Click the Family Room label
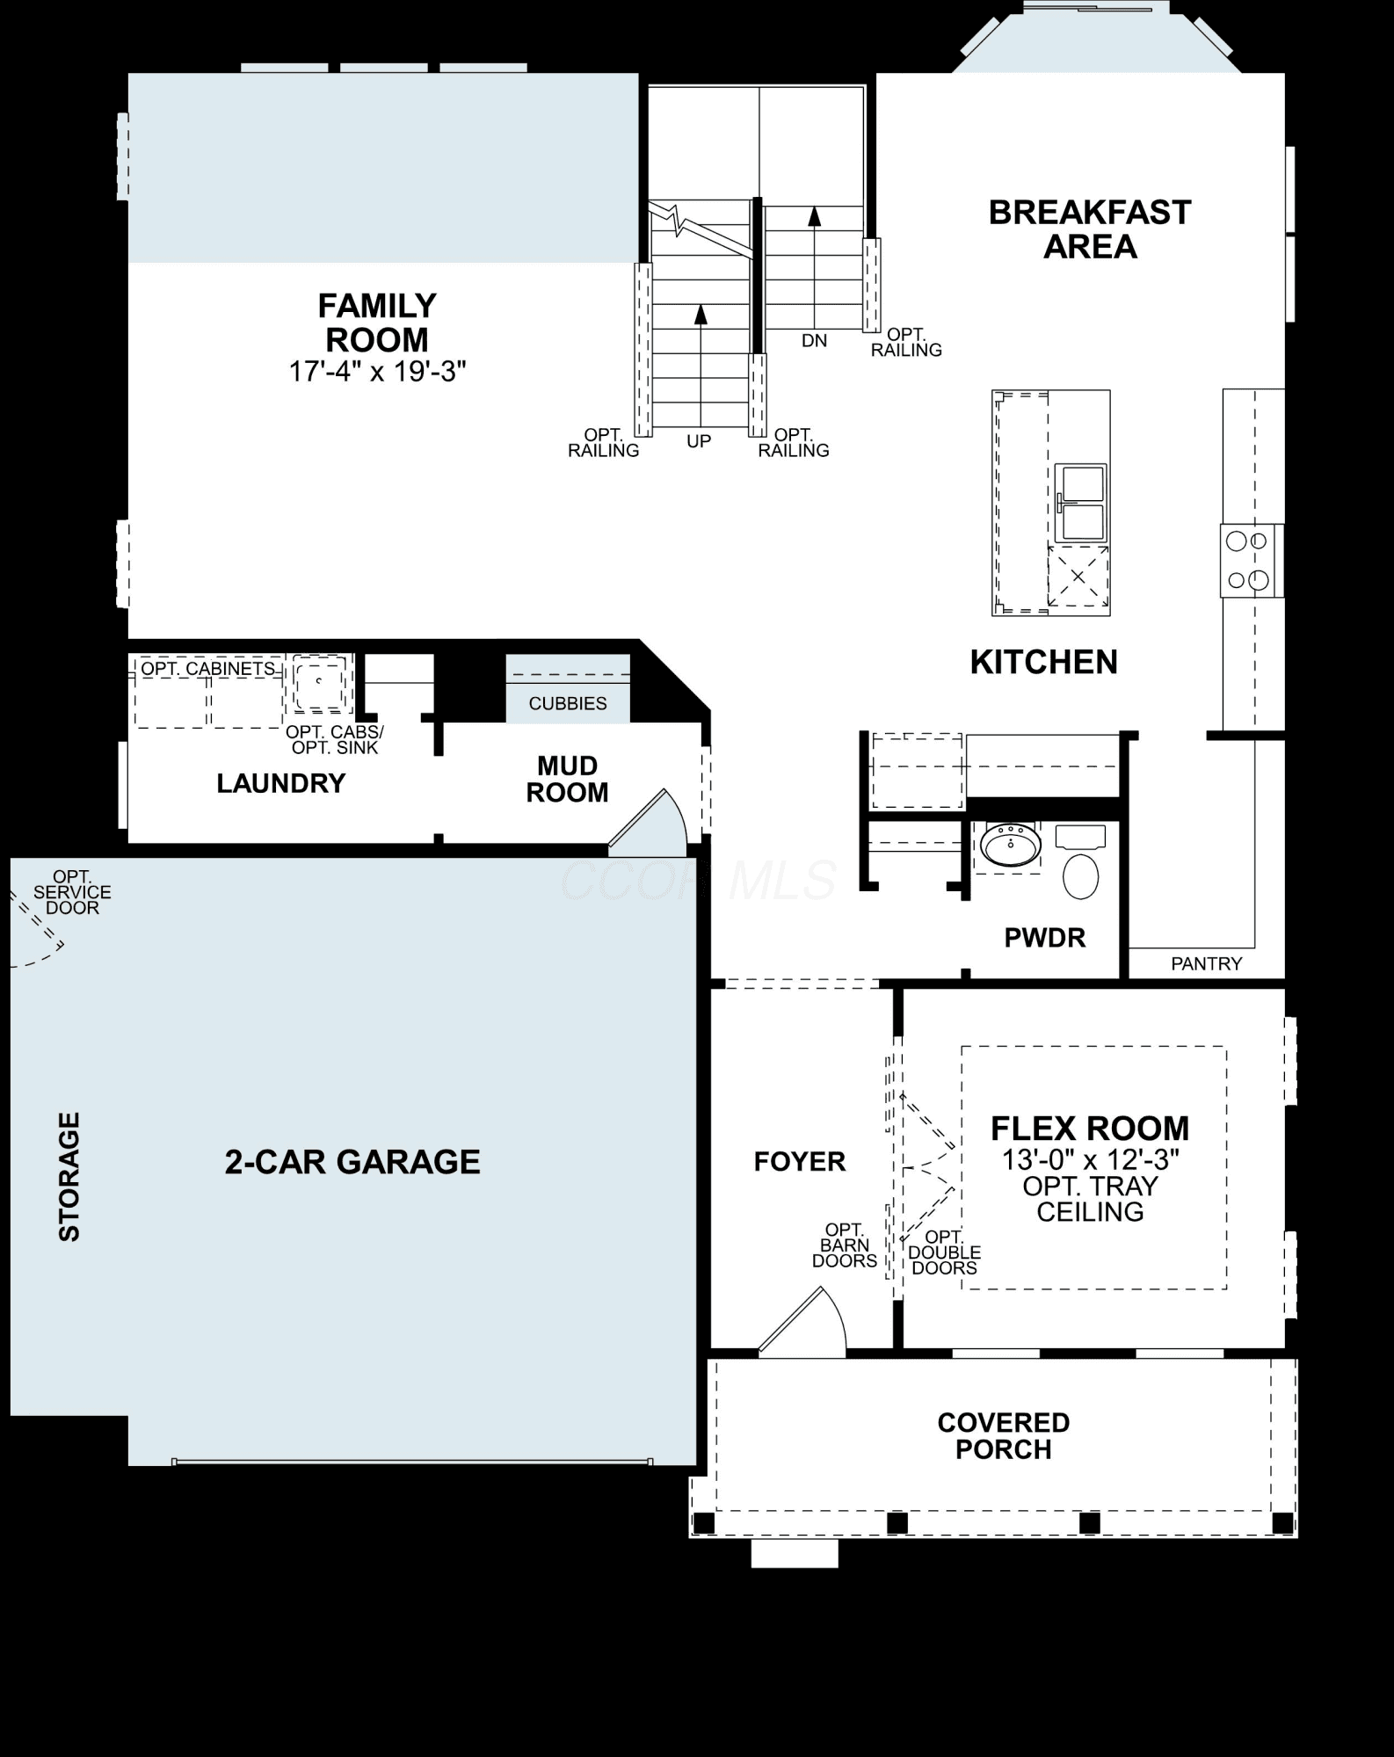point(377,323)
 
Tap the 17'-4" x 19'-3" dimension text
point(377,372)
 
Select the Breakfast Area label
point(1090,229)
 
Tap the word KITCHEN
point(1043,662)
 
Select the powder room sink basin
point(1011,846)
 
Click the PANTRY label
point(1206,964)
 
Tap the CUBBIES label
point(568,703)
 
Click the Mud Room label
point(567,779)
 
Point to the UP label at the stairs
point(699,441)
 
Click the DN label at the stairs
point(815,340)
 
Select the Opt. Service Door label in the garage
point(72,891)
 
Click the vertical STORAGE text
point(69,1176)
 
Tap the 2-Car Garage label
point(352,1162)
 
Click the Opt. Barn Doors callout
point(844,1245)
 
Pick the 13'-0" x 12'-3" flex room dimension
point(1090,1159)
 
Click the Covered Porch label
point(1003,1435)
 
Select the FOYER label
point(800,1161)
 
